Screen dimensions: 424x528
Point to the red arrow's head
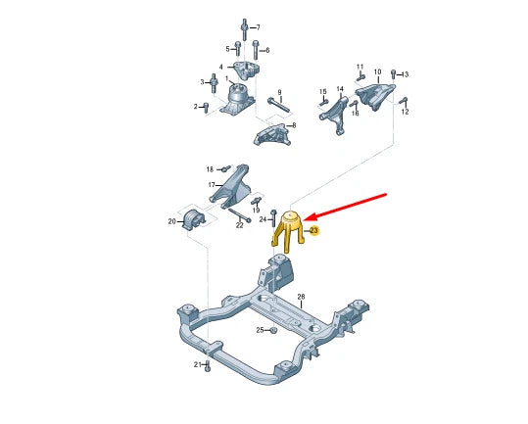click(304, 218)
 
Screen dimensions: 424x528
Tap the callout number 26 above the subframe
click(301, 296)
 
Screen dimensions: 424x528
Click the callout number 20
click(171, 222)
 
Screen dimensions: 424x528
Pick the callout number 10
click(377, 71)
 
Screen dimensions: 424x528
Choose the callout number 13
click(405, 74)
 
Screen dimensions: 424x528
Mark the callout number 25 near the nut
click(260, 330)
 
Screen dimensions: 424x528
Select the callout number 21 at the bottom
click(196, 365)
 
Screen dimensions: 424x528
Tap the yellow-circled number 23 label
click(313, 231)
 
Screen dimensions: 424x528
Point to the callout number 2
click(195, 107)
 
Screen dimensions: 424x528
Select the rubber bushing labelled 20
click(192, 219)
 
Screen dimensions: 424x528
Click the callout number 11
click(360, 66)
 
